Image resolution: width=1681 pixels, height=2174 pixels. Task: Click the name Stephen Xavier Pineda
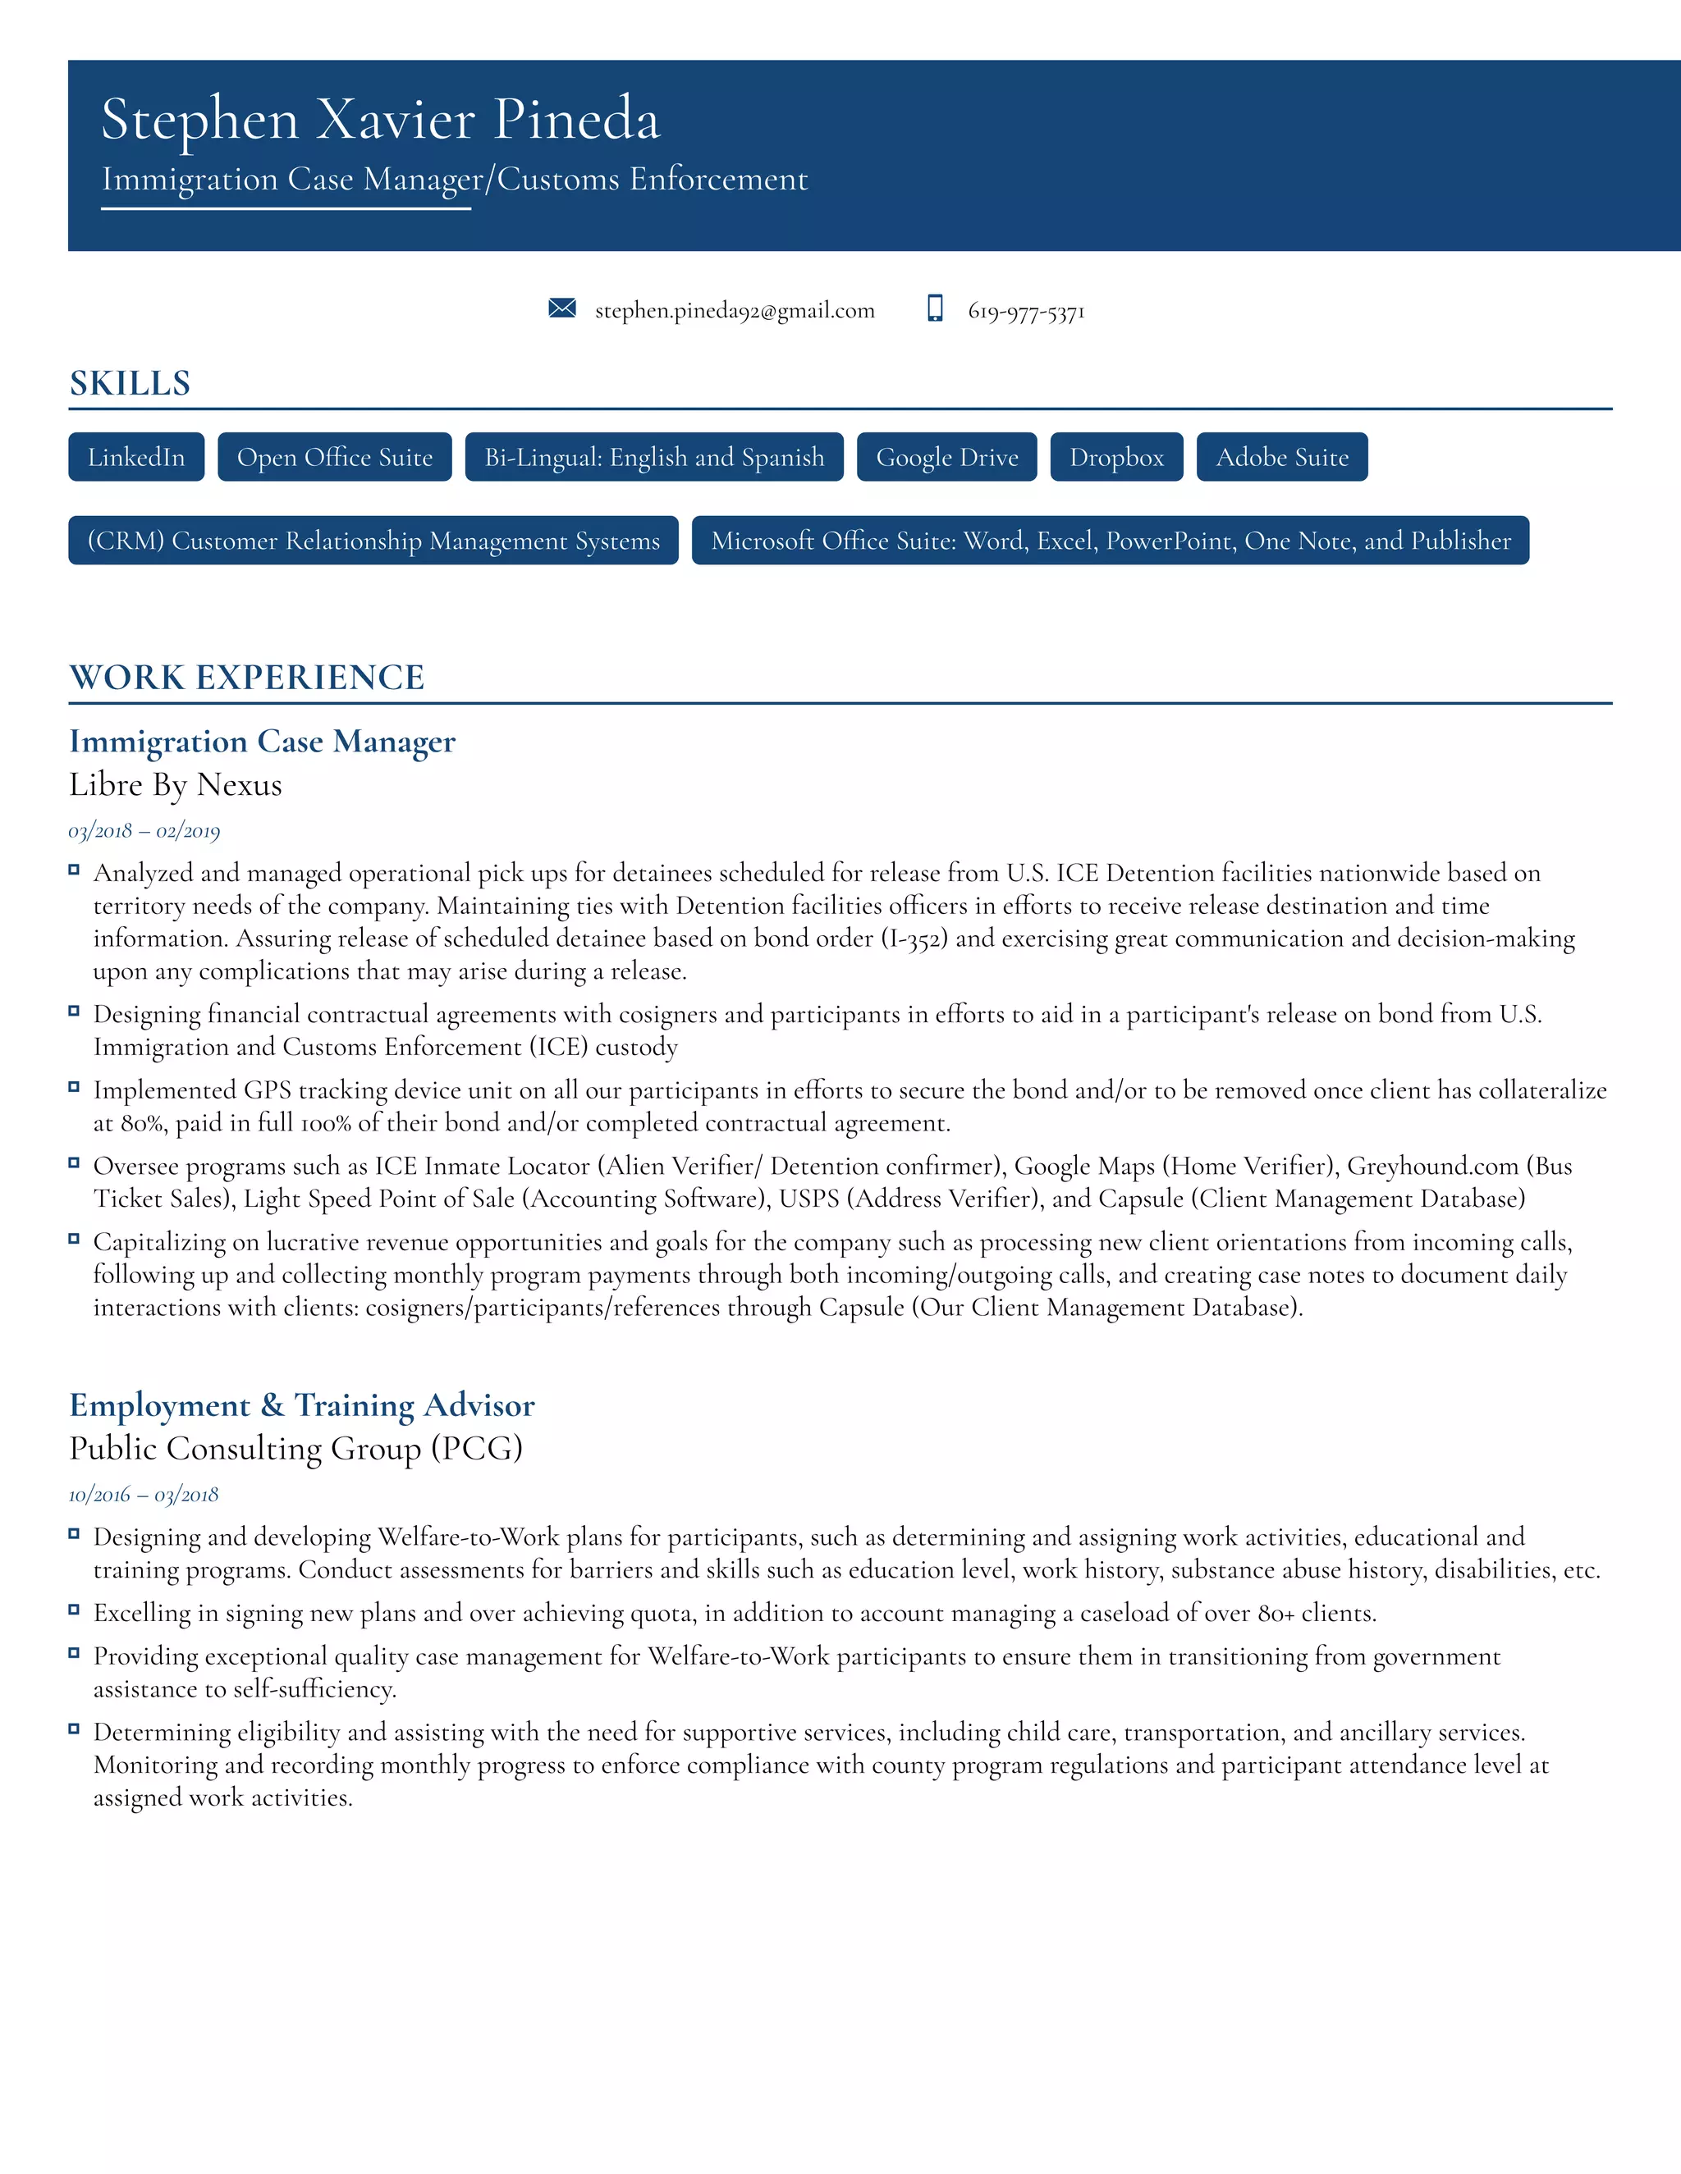coord(380,120)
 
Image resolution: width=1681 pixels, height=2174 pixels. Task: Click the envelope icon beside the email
coord(561,308)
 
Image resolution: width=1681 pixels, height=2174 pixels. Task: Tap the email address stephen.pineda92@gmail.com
coord(734,311)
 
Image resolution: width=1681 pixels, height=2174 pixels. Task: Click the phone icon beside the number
coord(935,308)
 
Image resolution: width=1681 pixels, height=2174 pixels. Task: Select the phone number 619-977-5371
coord(1026,312)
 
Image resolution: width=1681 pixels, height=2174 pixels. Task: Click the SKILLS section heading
coord(130,383)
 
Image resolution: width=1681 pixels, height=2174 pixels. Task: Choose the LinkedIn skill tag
coord(136,457)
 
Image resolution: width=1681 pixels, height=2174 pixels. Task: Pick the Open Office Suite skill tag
coord(335,457)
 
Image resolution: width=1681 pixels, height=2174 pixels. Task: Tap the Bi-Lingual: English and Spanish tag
coord(653,457)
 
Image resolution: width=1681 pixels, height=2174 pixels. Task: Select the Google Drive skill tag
coord(946,457)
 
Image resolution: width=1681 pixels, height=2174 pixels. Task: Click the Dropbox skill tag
coord(1116,457)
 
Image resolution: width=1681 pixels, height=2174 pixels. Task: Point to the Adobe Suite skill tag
coord(1281,457)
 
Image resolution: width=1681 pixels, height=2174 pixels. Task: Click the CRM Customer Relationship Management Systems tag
coord(373,541)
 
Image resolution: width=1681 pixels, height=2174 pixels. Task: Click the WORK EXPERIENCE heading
coord(247,678)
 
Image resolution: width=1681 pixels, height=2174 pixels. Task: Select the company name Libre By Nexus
coord(176,785)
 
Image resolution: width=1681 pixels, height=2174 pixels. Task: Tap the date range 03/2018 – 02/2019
coord(144,831)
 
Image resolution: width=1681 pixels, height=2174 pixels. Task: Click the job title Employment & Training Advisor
coord(302,1405)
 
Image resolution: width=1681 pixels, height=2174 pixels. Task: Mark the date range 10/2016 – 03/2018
coord(144,1495)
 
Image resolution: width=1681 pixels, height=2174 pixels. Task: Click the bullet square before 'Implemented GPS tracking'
coord(74,1087)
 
